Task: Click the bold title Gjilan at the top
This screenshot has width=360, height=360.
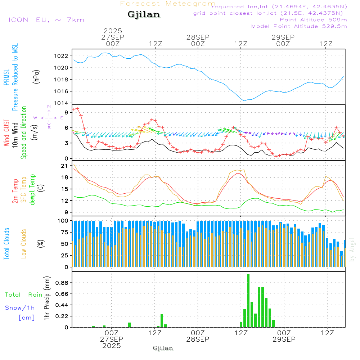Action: click(144, 15)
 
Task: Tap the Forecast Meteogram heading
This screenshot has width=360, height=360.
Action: click(168, 4)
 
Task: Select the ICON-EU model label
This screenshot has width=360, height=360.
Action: click(46, 19)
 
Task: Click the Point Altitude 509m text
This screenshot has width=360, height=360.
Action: click(313, 19)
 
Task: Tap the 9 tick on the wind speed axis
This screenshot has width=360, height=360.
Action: click(66, 112)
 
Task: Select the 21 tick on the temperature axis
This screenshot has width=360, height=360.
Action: click(65, 166)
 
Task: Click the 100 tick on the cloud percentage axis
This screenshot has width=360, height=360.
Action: click(63, 220)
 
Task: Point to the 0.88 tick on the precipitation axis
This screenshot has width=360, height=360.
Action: click(62, 283)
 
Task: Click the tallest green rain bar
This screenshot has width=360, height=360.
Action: click(248, 301)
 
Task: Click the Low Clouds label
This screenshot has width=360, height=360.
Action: click(24, 243)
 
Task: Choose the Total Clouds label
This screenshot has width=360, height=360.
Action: click(7, 244)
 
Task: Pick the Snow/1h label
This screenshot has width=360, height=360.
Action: click(20, 308)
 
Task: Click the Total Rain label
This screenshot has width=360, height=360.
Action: click(24, 294)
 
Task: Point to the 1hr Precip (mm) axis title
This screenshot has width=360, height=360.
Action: click(47, 298)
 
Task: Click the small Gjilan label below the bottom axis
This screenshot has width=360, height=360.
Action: click(163, 348)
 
